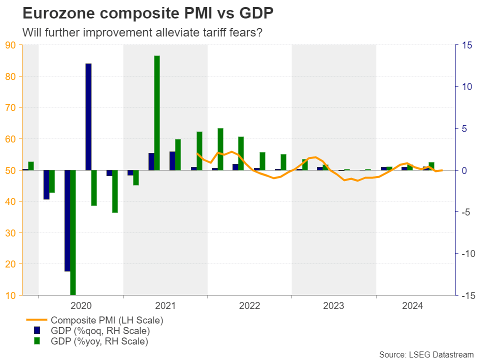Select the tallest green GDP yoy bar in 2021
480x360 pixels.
(157, 112)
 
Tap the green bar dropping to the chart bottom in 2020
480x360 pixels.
(73, 232)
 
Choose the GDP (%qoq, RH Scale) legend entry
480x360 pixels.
(100, 330)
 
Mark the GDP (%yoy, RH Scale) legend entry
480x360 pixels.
(100, 341)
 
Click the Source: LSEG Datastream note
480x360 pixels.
(426, 354)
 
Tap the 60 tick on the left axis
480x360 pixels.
(11, 139)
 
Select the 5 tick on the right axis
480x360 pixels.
(464, 128)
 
